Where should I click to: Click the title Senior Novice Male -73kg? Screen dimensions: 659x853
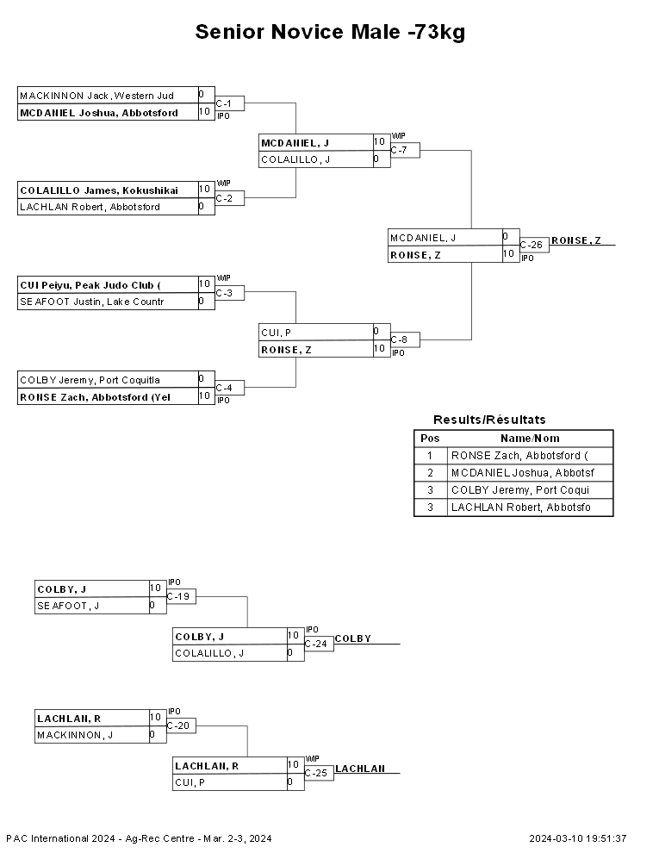(x=330, y=32)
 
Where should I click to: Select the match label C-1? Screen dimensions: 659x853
(x=223, y=103)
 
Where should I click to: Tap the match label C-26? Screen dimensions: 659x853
(x=532, y=245)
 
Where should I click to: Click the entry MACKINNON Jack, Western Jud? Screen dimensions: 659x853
(x=96, y=96)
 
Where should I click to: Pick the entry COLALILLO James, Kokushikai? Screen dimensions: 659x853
(x=99, y=190)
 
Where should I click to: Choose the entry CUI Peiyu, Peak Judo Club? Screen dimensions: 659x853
(x=90, y=285)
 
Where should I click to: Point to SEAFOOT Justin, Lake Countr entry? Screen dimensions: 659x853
(x=92, y=302)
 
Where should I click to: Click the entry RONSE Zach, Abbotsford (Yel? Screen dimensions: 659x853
(x=95, y=397)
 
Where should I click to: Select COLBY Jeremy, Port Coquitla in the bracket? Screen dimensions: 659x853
(x=90, y=380)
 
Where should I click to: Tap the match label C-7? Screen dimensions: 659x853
(x=399, y=150)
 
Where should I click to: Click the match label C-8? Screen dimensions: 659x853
(x=399, y=339)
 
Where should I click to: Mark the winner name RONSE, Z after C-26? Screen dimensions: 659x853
(x=575, y=240)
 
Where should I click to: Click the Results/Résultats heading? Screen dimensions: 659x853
(x=489, y=420)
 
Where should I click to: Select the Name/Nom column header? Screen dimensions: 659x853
(x=530, y=439)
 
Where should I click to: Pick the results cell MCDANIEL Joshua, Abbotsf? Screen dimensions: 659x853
(x=523, y=473)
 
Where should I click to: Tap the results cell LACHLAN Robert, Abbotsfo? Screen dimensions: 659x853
(x=521, y=507)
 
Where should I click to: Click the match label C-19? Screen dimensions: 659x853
(x=177, y=596)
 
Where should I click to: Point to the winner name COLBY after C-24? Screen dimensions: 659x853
(x=353, y=638)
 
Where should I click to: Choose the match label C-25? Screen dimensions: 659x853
(x=316, y=773)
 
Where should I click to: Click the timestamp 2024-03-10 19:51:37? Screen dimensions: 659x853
(x=577, y=838)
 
